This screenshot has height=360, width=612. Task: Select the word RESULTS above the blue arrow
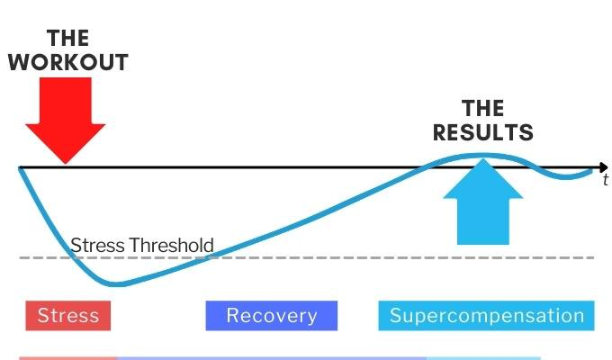pos(483,132)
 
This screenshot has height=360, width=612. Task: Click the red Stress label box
pos(68,316)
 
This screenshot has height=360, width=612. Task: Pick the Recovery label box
pos(272,316)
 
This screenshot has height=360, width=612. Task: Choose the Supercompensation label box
pos(487,316)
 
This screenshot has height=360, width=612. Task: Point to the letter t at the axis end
pos(606,181)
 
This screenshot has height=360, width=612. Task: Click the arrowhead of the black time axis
pos(603,167)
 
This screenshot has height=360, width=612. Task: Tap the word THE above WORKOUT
pos(67,38)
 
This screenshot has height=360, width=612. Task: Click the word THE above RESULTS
pos(483,109)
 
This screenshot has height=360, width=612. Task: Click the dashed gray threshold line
pos(360,258)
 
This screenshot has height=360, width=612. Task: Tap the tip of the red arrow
pos(65,162)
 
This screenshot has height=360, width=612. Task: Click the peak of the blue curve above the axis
pos(472,157)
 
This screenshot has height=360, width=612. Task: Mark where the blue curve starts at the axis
pos(21,168)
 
